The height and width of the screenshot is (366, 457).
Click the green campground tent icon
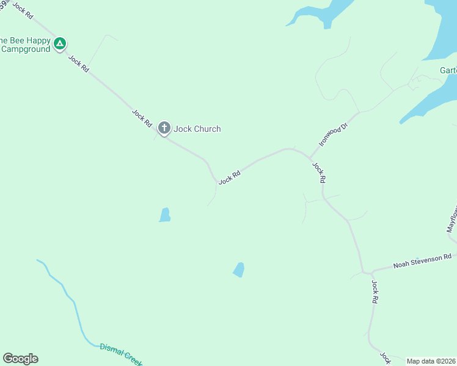[x=59, y=43]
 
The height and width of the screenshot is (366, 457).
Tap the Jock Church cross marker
[x=164, y=128]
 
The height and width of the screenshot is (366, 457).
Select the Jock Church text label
[x=197, y=129]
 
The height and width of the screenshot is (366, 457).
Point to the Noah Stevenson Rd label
[x=422, y=261]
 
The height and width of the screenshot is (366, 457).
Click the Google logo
[x=20, y=359]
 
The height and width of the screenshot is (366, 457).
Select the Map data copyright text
[x=431, y=361]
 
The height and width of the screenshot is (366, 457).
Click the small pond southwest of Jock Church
[x=164, y=215]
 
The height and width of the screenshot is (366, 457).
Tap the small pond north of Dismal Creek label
[x=239, y=269]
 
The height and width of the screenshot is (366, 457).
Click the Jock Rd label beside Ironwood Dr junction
[x=319, y=173]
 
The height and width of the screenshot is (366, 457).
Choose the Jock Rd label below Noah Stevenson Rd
[x=375, y=292]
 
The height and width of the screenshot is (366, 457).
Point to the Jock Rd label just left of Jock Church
[x=142, y=117]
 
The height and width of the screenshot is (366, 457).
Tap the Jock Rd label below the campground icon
[x=79, y=64]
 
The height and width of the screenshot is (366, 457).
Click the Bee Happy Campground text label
[x=24, y=45]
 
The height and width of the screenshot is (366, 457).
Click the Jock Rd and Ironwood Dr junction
[x=310, y=157]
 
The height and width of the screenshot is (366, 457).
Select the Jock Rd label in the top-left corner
[x=21, y=9]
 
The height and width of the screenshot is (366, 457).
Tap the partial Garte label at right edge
[x=448, y=70]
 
